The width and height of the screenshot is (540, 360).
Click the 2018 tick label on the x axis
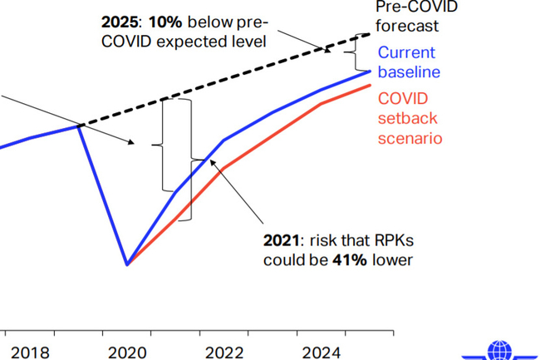click(x=30, y=353)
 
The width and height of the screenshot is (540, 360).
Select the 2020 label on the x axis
click(x=127, y=353)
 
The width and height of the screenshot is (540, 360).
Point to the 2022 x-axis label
click(x=224, y=353)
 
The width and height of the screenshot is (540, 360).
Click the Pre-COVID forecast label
click(x=406, y=16)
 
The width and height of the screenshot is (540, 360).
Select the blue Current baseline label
click(x=409, y=62)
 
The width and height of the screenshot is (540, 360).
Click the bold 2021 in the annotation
click(x=281, y=241)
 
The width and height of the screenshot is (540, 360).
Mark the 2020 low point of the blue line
click(x=127, y=264)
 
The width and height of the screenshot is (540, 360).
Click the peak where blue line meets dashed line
click(x=80, y=126)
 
